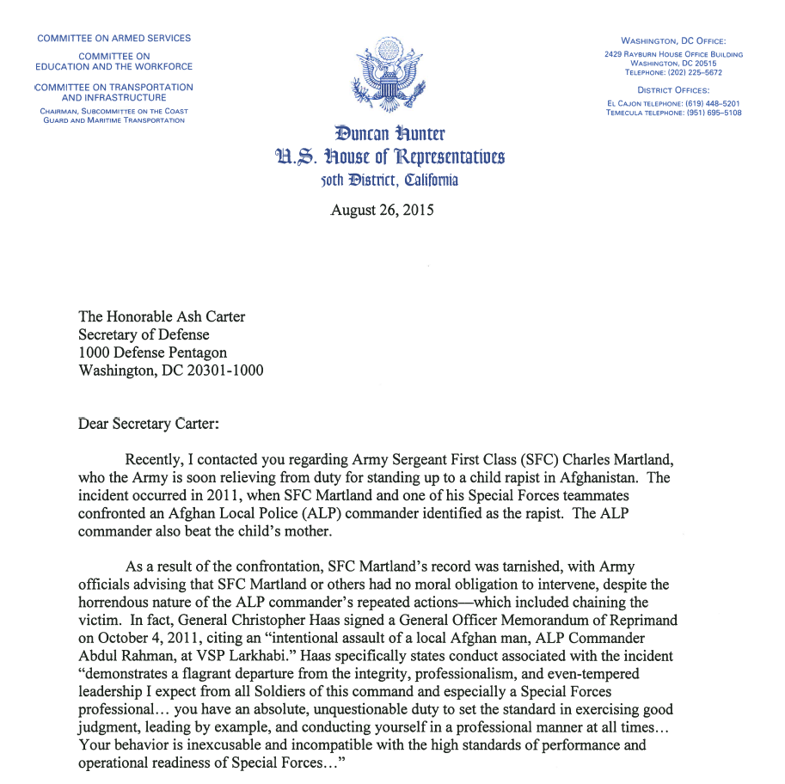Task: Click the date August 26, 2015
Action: tap(382, 210)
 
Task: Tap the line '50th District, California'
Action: tap(389, 180)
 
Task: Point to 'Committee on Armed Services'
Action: tap(113, 39)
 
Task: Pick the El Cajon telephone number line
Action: tap(673, 103)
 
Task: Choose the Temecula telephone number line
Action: tap(673, 113)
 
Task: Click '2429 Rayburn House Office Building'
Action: tap(673, 54)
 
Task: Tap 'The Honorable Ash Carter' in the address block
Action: tap(162, 317)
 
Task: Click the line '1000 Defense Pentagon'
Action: tap(153, 353)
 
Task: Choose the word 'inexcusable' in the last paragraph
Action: tap(249, 745)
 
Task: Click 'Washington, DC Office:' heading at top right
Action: tap(673, 40)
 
